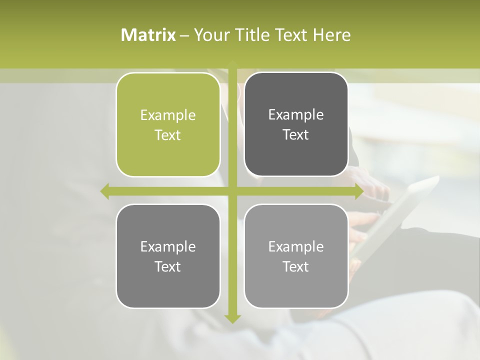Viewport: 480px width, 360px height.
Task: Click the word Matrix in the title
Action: click(148, 35)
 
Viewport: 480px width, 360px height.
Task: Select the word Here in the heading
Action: click(331, 35)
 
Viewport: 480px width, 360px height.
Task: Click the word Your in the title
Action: click(210, 35)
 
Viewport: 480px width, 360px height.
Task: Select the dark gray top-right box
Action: click(296, 155)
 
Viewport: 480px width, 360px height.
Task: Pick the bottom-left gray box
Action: click(168, 287)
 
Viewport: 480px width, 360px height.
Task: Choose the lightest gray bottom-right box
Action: click(296, 287)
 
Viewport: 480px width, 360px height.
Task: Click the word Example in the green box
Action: click(168, 115)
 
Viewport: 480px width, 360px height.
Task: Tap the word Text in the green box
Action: click(168, 135)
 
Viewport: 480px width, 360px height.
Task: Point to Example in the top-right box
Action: click(296, 115)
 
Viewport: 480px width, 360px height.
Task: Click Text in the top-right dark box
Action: click(296, 135)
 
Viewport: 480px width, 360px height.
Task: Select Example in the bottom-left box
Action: click(168, 247)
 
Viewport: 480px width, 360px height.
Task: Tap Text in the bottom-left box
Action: click(168, 267)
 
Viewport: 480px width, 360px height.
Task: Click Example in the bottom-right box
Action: click(296, 247)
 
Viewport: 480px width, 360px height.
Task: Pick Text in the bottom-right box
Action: click(296, 267)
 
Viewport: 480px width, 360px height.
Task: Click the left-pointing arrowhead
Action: click(105, 191)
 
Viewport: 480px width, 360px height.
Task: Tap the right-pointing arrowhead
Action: click(358, 191)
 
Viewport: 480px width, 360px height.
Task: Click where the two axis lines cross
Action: click(232, 191)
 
